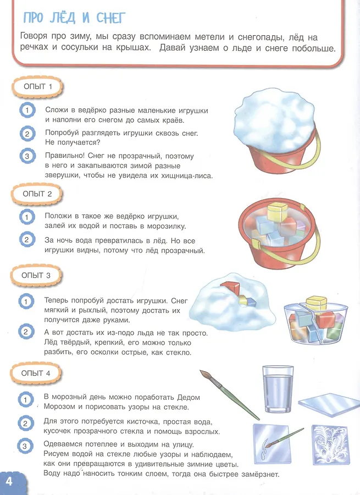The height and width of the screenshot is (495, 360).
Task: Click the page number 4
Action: tap(9, 481)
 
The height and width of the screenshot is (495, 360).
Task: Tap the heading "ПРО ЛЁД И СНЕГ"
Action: tap(74, 18)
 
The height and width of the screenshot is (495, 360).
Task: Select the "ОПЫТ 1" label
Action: tap(37, 86)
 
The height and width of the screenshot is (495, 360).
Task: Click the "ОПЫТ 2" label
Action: tap(37, 194)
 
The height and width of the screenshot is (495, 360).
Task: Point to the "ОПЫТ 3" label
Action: tap(36, 276)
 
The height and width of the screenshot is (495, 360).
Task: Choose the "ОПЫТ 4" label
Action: tap(36, 373)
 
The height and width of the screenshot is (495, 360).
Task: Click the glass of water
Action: tap(278, 389)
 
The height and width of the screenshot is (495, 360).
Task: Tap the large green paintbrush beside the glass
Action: tap(229, 395)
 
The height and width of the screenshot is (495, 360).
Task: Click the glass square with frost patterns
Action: tap(330, 444)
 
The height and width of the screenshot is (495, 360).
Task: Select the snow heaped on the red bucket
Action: tap(274, 122)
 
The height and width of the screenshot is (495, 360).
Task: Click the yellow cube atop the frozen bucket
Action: tap(278, 212)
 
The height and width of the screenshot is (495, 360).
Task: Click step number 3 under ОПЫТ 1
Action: tap(27, 156)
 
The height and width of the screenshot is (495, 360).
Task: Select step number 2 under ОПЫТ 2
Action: tap(26, 240)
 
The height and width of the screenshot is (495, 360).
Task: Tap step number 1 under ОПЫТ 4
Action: tap(25, 400)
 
